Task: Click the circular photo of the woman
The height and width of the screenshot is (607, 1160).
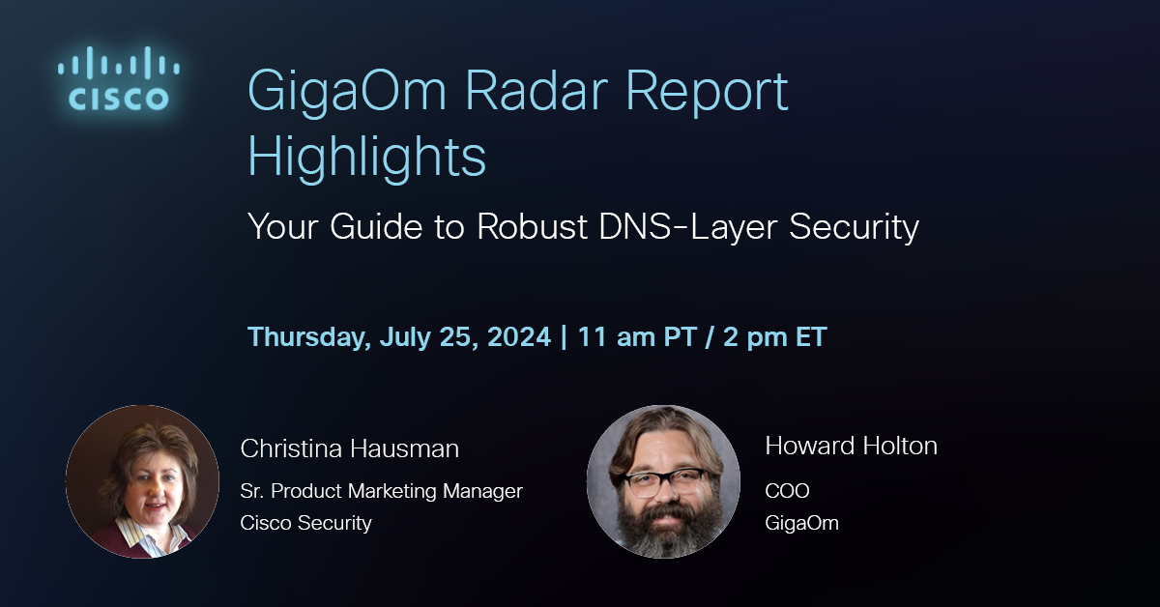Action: [x=142, y=481]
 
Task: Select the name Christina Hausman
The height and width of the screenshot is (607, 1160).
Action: [x=349, y=448]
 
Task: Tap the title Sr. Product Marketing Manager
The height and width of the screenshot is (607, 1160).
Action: [x=381, y=491]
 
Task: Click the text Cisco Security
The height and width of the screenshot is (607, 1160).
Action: [x=305, y=523]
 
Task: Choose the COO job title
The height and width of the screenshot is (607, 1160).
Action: [x=787, y=491]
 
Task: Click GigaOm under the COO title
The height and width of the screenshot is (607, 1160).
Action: [x=801, y=523]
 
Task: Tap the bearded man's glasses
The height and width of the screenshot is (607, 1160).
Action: [x=664, y=480]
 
